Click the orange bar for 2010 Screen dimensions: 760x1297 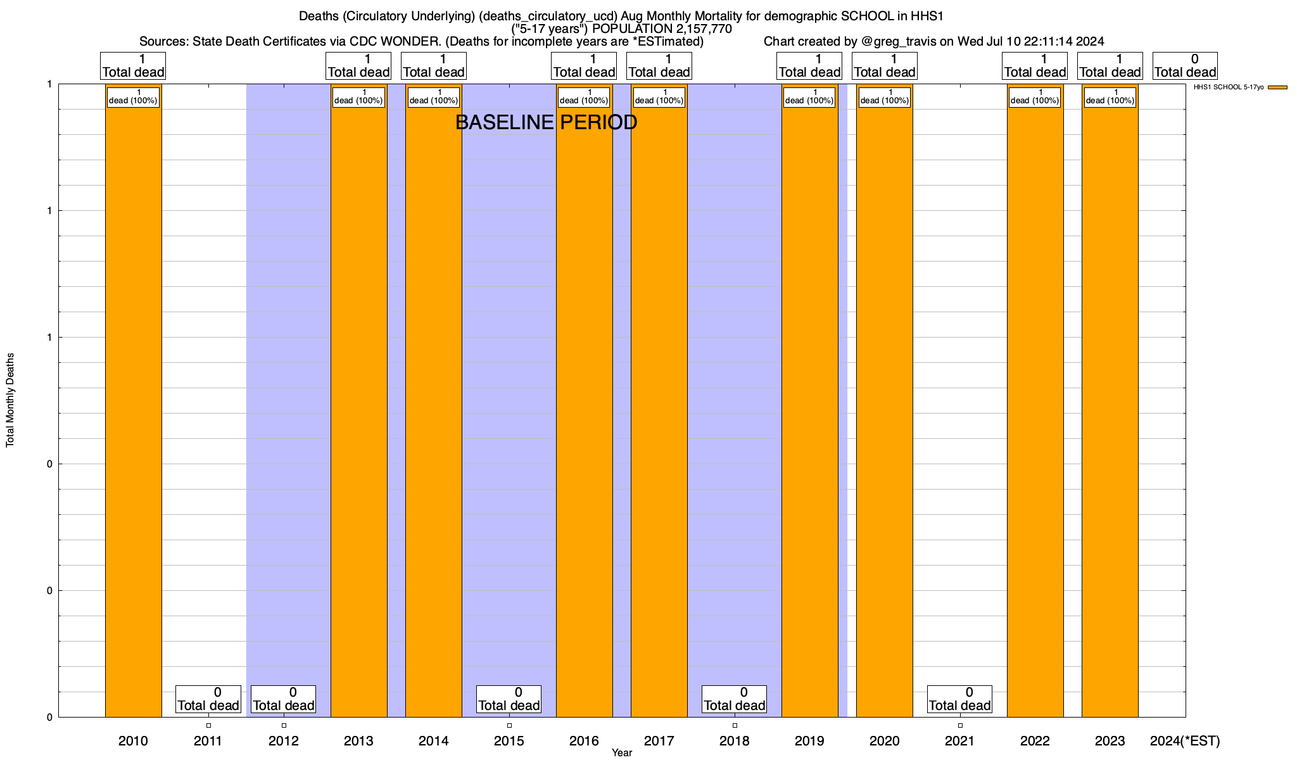pyautogui.click(x=133, y=405)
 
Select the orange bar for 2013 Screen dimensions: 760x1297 pyautogui.click(x=359, y=405)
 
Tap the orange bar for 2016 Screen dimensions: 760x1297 pyautogui.click(x=585, y=405)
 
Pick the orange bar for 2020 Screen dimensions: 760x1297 pyautogui.click(x=885, y=405)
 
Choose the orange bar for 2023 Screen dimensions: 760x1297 pyautogui.click(x=1110, y=405)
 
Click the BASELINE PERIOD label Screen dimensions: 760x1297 pyautogui.click(x=547, y=123)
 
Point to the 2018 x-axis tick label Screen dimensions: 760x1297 pyautogui.click(x=735, y=741)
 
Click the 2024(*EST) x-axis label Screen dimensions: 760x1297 pyautogui.click(x=1185, y=741)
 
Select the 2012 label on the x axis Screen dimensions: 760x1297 pyautogui.click(x=284, y=741)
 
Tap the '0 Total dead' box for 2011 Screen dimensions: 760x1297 pyautogui.click(x=208, y=699)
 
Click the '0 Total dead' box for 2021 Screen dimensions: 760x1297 pyautogui.click(x=960, y=699)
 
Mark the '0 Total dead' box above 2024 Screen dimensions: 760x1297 pyautogui.click(x=1185, y=66)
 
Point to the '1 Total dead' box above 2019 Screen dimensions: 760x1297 pyautogui.click(x=809, y=66)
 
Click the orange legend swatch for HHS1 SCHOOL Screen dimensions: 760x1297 pyautogui.click(x=1278, y=87)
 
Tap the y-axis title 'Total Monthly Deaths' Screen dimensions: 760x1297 pyautogui.click(x=10, y=400)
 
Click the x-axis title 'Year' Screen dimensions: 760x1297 pyautogui.click(x=622, y=753)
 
